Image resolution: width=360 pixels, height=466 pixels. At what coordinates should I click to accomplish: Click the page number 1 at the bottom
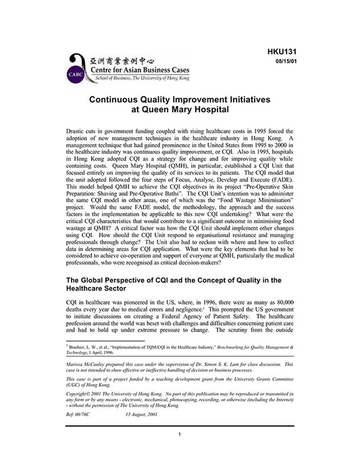[180, 452]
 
